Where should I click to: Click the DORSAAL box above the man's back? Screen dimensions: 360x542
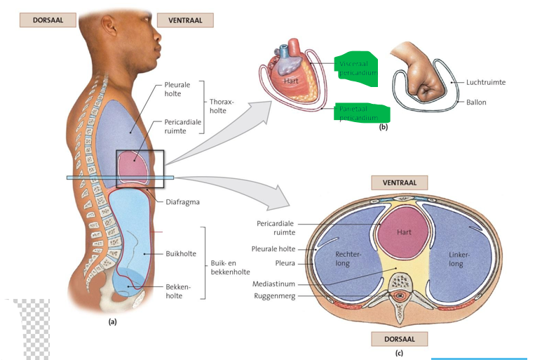pyautogui.click(x=48, y=20)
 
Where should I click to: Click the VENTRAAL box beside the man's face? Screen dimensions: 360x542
pyautogui.click(x=185, y=20)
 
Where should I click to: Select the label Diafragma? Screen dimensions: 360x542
pyautogui.click(x=183, y=201)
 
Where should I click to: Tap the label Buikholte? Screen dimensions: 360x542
pyautogui.click(x=180, y=253)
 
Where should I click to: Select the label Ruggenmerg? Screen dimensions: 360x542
pyautogui.click(x=275, y=295)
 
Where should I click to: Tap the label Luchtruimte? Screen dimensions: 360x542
pyautogui.click(x=485, y=82)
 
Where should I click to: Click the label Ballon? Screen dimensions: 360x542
pyautogui.click(x=476, y=102)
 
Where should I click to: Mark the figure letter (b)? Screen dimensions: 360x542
pyautogui.click(x=383, y=127)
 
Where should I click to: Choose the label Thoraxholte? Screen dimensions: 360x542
pyautogui.click(x=222, y=106)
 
